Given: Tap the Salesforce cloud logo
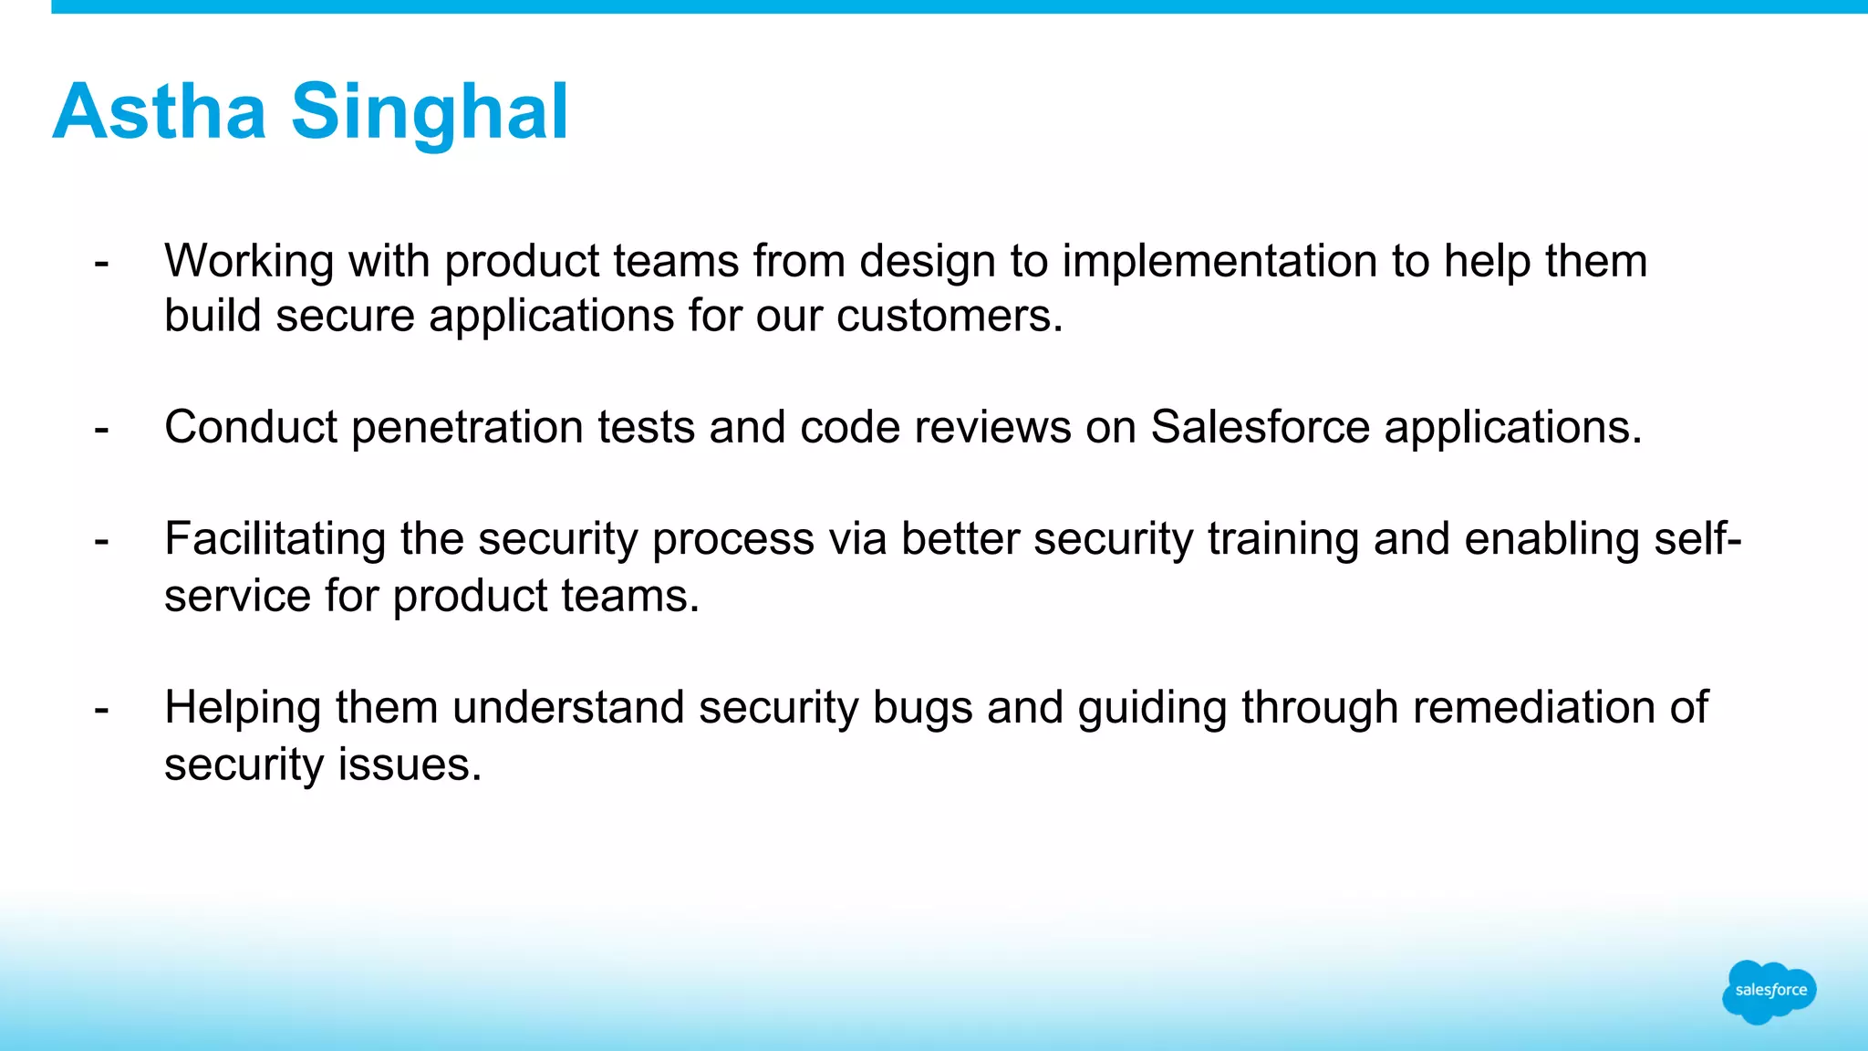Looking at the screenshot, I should (1769, 991).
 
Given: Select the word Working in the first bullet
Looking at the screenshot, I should (248, 261).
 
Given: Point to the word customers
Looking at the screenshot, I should (950, 317).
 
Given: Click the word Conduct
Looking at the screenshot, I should (251, 427).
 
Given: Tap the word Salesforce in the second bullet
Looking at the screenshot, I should (1260, 427).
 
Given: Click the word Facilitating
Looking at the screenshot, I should (275, 538).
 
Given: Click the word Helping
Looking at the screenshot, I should (243, 708).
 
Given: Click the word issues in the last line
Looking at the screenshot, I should (409, 765).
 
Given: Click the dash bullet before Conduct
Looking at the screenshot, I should (101, 429).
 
